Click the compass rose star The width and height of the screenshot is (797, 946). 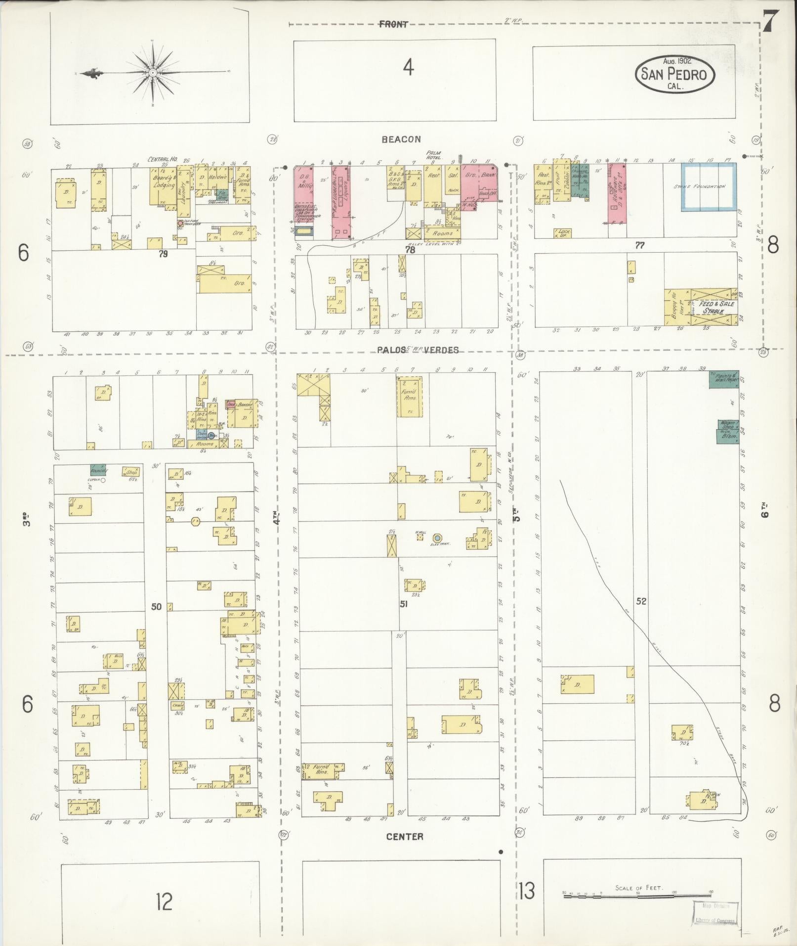[153, 73]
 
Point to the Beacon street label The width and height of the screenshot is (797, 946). [401, 140]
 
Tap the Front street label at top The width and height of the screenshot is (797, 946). [393, 24]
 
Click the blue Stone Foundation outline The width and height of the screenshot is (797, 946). [709, 187]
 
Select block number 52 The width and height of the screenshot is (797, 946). [641, 602]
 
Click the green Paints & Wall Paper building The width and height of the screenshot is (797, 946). [724, 379]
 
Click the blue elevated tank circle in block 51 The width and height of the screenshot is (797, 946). [437, 538]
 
